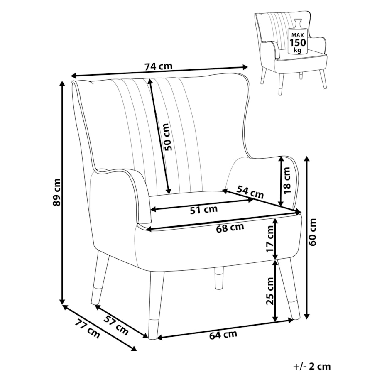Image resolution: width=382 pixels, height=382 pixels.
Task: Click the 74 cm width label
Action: coord(158,66)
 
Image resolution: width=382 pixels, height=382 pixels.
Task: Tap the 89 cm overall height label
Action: coord(57,193)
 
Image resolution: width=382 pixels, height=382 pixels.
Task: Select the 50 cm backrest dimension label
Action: coord(167,137)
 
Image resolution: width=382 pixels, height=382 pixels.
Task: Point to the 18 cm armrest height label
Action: coord(287,180)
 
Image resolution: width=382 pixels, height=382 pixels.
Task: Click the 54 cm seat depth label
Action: coord(250,192)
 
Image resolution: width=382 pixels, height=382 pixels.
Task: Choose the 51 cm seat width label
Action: coord(204,210)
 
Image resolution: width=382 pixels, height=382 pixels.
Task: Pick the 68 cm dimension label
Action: coord(230,228)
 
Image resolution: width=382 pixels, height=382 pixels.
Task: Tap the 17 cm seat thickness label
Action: coord(270,239)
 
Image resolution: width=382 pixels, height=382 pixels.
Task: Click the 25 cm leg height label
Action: coord(270,291)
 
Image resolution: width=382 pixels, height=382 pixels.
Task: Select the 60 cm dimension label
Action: coord(312,232)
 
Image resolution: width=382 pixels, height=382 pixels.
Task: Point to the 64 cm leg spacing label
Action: coord(223,335)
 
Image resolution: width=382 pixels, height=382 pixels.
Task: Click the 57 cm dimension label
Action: coord(116,325)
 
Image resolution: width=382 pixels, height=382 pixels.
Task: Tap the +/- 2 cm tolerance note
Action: coord(312,366)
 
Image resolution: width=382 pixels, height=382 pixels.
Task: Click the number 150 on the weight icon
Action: coord(297,43)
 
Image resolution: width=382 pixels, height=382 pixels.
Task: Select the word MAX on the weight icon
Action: coord(297,35)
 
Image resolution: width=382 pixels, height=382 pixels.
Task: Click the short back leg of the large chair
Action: coord(219,278)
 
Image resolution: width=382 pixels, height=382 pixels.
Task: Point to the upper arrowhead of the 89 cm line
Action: coord(62,83)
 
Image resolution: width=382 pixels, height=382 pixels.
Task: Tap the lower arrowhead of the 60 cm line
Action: coord(307,316)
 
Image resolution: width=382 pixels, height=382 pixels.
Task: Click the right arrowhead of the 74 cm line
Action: coord(245,66)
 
